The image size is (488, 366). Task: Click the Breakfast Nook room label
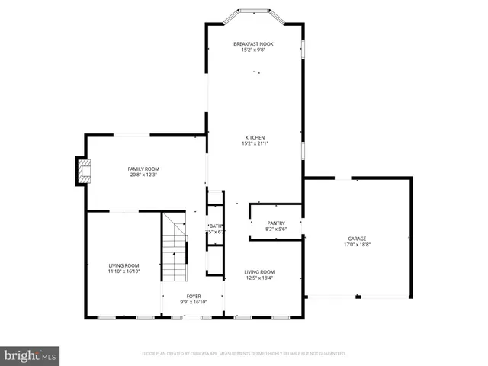click(253, 44)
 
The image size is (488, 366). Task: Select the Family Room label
click(143, 169)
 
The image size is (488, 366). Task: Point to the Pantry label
click(275, 223)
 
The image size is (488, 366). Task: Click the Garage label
click(357, 239)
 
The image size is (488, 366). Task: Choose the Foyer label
click(194, 296)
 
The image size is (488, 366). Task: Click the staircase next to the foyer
click(175, 249)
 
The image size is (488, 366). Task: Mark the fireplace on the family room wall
click(82, 171)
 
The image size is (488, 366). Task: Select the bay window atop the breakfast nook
click(254, 12)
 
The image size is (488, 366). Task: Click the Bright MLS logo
click(30, 355)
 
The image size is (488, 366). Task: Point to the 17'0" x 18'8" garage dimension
click(357, 245)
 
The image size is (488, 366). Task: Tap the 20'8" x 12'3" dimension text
click(143, 175)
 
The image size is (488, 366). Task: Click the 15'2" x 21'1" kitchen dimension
click(255, 143)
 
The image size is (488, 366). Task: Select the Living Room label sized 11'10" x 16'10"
click(123, 265)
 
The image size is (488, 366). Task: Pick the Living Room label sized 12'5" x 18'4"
click(259, 271)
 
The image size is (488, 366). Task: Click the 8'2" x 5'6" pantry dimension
click(275, 230)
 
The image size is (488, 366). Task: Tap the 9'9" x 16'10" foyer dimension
click(194, 302)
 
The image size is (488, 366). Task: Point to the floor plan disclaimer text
click(244, 354)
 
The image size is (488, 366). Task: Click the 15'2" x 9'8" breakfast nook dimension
click(253, 50)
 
